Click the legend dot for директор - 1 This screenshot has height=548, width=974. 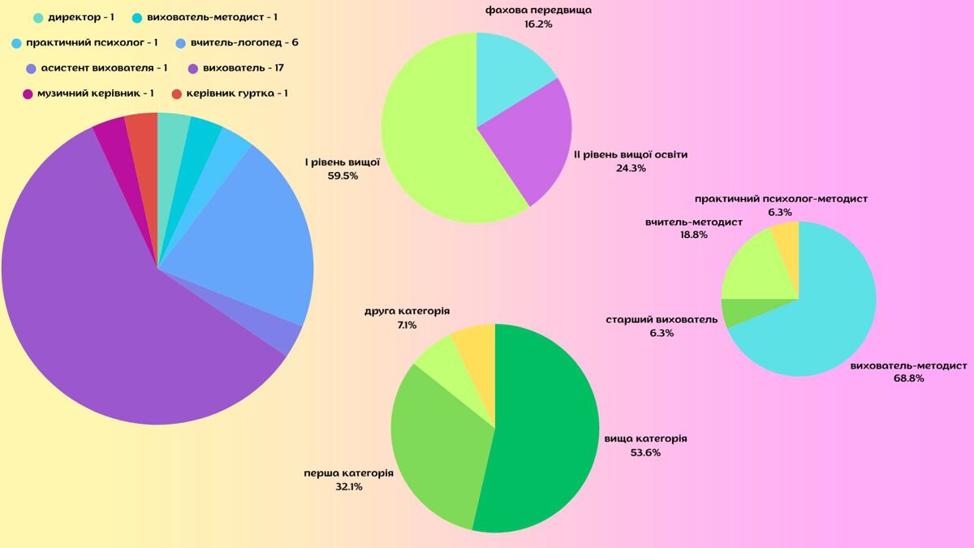(x=38, y=17)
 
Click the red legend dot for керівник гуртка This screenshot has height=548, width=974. (x=177, y=93)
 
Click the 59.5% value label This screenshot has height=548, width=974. (x=343, y=175)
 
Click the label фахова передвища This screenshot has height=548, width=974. (x=538, y=11)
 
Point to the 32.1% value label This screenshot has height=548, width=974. (x=348, y=486)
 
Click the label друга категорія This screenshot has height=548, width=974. (x=407, y=312)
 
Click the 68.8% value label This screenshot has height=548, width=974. (x=908, y=378)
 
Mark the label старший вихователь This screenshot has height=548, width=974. (x=662, y=320)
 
